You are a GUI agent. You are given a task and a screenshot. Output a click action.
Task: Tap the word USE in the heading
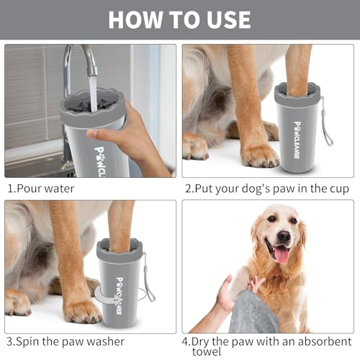[x=225, y=19]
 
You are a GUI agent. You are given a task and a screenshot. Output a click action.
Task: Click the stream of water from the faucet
[x=92, y=90]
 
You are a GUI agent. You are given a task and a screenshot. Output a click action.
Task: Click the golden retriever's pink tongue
[x=280, y=254]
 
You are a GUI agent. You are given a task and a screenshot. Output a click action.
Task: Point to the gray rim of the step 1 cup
[x=90, y=100]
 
